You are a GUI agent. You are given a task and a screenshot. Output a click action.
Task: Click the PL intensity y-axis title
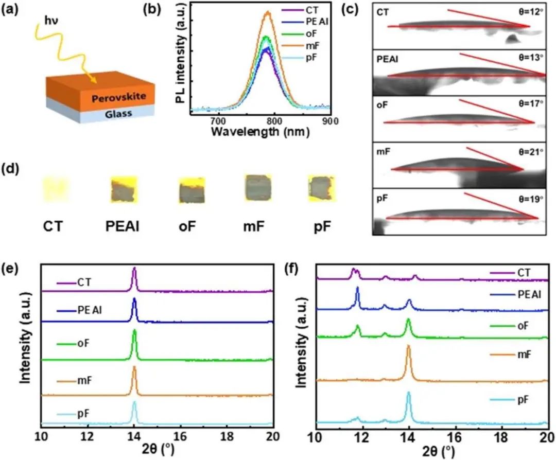pos(181,60)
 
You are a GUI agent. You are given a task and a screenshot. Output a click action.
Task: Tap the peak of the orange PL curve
pos(267,12)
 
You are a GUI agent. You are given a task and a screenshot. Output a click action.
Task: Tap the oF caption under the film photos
pos(192,226)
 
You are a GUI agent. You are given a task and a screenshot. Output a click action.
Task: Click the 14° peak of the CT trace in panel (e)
pos(134,269)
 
